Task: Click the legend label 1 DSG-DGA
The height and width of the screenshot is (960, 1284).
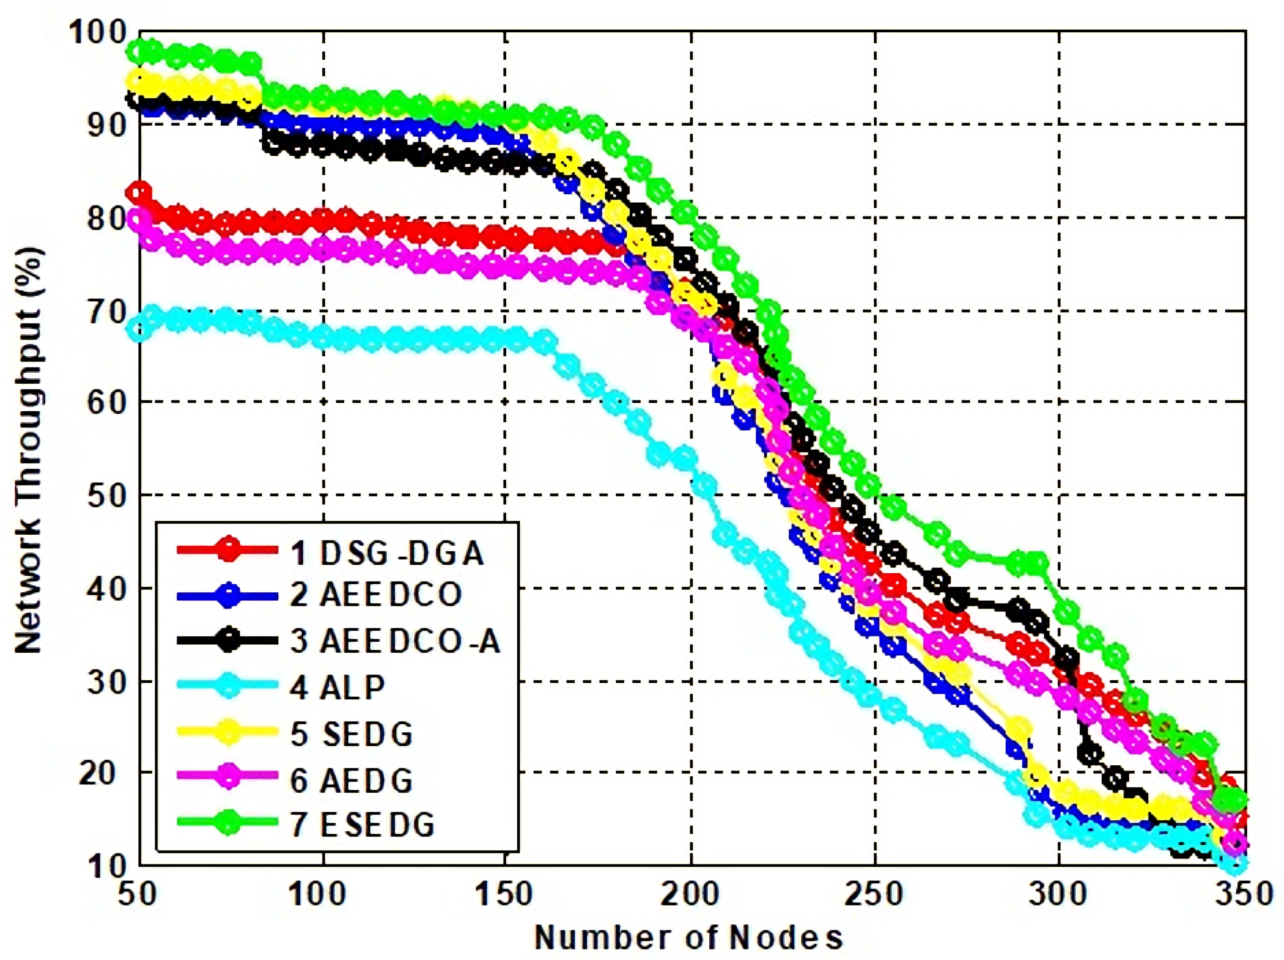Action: pos(387,553)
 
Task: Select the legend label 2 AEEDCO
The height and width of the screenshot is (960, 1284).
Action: pos(376,595)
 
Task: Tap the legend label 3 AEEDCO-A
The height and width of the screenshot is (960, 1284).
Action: pos(395,641)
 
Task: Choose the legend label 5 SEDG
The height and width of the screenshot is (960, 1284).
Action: pos(351,734)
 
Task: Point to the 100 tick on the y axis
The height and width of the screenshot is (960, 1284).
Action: pos(97,32)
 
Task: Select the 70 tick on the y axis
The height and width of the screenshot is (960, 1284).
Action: pos(106,312)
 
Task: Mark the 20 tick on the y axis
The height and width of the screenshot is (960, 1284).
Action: pos(106,772)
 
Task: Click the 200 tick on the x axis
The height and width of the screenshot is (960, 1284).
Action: pos(690,894)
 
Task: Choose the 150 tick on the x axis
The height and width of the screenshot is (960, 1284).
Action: pos(504,894)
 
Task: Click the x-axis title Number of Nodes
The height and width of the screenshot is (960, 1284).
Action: pos(688,937)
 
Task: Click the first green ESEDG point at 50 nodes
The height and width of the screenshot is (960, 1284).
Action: pos(139,51)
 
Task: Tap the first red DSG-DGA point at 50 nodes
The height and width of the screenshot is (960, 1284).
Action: pos(140,192)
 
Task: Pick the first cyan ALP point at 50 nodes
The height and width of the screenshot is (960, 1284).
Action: pos(139,329)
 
